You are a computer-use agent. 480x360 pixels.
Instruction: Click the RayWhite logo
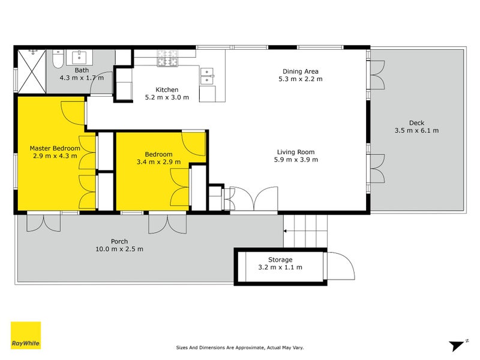26,335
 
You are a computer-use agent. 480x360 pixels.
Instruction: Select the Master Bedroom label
55,148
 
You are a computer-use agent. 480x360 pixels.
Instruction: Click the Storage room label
280,260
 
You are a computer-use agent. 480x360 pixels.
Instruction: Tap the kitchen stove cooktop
168,58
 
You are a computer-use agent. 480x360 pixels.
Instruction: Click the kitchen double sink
206,75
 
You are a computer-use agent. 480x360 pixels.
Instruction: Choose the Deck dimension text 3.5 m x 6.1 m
416,130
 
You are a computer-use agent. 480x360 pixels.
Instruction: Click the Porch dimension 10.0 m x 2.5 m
119,249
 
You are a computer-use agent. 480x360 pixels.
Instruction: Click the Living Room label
295,152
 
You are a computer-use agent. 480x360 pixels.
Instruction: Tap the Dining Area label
301,70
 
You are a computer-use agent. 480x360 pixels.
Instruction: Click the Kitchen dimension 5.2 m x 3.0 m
167,97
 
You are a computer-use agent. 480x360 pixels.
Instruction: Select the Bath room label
81,70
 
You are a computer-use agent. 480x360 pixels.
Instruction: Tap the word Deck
416,122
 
